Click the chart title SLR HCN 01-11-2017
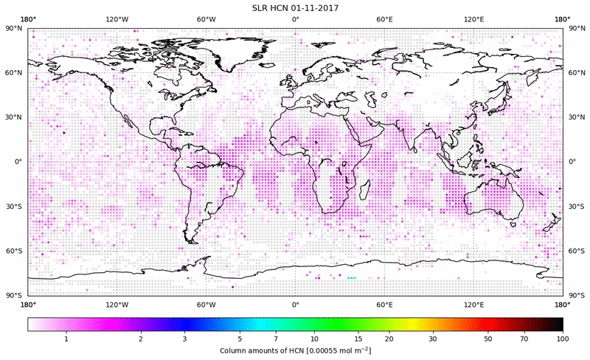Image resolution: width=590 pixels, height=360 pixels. [x=295, y=7]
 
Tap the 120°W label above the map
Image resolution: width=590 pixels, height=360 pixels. [x=117, y=20]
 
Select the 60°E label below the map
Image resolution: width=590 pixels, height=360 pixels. [x=384, y=304]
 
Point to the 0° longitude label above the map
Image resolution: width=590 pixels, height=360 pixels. [x=295, y=20]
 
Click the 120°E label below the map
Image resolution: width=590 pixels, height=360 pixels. [x=473, y=304]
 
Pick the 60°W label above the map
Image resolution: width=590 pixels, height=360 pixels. [x=206, y=20]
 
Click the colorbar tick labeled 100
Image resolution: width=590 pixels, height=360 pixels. [x=563, y=339]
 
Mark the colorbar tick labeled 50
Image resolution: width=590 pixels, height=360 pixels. [x=488, y=339]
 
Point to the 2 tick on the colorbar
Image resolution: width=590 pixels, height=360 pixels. [x=140, y=339]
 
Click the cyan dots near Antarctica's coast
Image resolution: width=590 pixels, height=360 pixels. [x=351, y=278]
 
